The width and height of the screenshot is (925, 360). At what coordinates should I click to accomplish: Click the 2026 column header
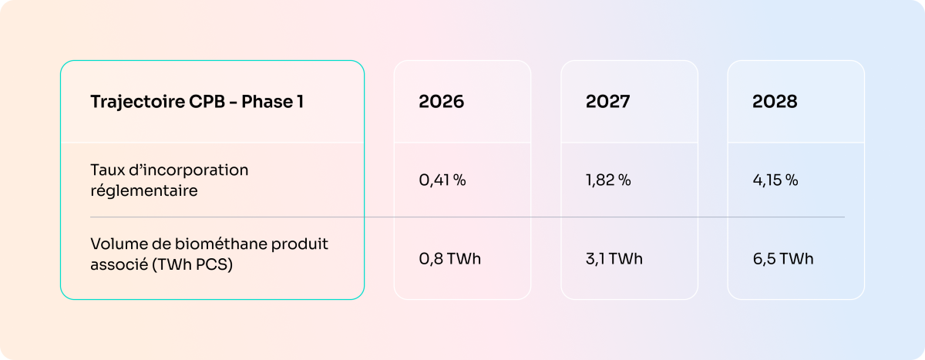(442, 102)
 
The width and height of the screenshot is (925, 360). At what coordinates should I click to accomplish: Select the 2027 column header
(607, 102)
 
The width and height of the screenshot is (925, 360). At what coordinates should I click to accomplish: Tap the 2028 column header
(775, 102)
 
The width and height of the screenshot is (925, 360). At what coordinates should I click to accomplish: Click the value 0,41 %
(442, 180)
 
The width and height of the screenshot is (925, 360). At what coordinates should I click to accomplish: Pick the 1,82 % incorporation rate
(608, 180)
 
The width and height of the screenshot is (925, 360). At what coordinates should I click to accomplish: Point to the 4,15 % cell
(775, 180)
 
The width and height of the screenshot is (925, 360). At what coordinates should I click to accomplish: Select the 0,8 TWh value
(449, 258)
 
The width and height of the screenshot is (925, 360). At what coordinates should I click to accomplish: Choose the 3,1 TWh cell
(614, 258)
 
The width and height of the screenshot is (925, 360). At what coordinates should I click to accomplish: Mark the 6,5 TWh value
(782, 258)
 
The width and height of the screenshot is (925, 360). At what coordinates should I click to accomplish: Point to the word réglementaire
(144, 190)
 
